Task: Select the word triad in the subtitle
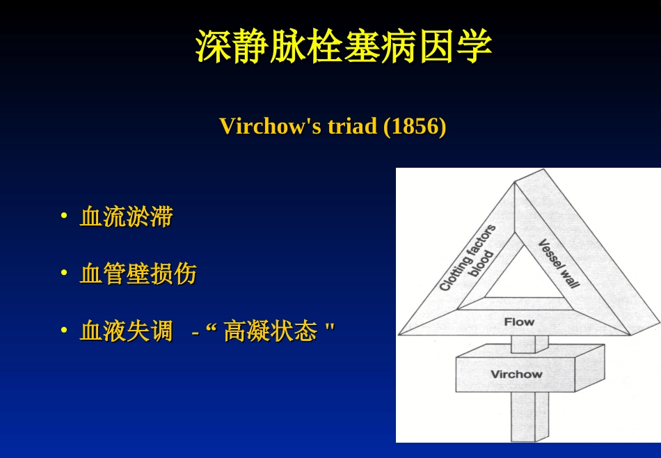point(352,126)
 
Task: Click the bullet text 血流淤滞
point(127,216)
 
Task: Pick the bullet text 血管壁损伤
point(138,274)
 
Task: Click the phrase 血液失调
point(127,331)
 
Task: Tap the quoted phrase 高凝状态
point(270,331)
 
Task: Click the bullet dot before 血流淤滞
point(64,216)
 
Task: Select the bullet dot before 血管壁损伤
point(64,272)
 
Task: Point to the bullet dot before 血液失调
point(64,329)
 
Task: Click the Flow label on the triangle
point(519,322)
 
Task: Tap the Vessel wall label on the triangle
point(559,263)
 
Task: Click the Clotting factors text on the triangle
point(467,258)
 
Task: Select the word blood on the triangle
point(481,264)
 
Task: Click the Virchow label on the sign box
point(516,374)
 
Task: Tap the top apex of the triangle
point(515,182)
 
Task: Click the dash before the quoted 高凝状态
point(196,333)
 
